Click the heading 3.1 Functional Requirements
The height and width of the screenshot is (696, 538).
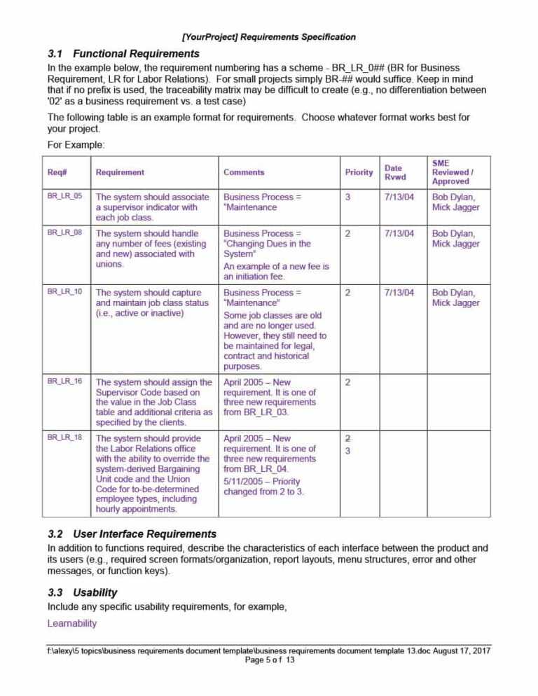[x=123, y=53]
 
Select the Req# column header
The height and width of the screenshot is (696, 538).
[x=57, y=172]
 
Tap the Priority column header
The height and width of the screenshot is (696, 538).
[x=359, y=172]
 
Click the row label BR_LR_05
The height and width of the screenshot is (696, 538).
[x=64, y=197]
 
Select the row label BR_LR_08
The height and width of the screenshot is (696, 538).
[x=64, y=233]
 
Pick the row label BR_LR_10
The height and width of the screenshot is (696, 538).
[x=64, y=292]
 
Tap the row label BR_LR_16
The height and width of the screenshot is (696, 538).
[x=64, y=382]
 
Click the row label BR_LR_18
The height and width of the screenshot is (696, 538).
[x=64, y=438]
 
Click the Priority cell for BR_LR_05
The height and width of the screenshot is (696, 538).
[x=348, y=197]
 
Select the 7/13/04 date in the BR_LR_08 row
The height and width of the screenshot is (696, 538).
[x=399, y=234]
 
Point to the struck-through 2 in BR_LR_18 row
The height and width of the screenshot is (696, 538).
[x=348, y=438]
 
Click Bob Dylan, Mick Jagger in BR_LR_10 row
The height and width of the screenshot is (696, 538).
[x=456, y=298]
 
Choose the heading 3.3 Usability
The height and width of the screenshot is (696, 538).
[x=83, y=592]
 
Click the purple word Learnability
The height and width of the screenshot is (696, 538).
[x=71, y=623]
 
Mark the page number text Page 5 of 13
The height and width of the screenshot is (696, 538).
[x=270, y=660]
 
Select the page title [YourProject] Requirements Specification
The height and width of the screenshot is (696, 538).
[x=268, y=36]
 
